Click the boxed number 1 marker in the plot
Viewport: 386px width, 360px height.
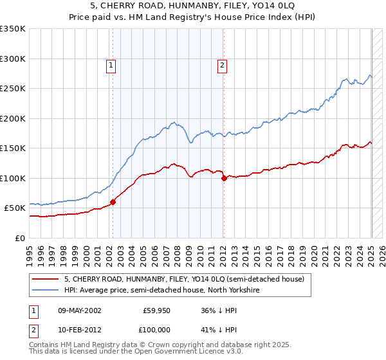click(112, 64)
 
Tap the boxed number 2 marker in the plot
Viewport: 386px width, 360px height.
click(222, 64)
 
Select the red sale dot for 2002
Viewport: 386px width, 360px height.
click(113, 202)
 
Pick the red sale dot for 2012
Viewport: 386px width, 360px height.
click(224, 178)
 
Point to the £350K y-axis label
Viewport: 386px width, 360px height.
click(13, 29)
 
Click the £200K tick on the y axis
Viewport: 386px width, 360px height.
click(13, 118)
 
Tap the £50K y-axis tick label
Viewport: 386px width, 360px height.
click(15, 208)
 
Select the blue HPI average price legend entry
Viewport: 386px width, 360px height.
click(161, 290)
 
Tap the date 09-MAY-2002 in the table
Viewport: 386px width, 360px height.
click(80, 310)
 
